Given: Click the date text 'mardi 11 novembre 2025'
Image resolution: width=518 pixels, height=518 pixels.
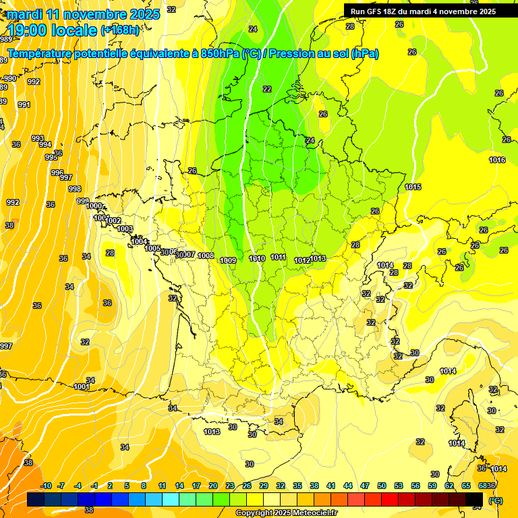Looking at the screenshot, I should [84, 14].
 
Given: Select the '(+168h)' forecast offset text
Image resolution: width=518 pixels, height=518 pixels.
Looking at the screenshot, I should [120, 30].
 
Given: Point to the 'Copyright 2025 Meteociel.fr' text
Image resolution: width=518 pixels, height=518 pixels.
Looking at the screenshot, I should [285, 513].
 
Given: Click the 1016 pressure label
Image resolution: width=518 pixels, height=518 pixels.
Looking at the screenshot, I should [497, 160].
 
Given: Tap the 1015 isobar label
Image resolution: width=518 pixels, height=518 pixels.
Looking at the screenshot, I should [413, 187].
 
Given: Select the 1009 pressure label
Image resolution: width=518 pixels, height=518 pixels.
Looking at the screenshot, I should [228, 260].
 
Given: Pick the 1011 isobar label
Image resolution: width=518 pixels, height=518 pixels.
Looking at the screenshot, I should [278, 257].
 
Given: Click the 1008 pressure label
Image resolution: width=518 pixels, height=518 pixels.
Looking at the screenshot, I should [206, 256].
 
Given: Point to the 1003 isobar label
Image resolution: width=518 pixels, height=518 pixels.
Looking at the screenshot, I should [125, 229].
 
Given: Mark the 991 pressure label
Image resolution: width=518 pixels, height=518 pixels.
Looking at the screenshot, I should [24, 105].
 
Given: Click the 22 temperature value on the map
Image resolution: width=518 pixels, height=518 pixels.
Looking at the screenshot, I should [267, 89].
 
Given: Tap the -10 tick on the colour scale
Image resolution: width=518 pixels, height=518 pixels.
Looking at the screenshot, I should [47, 486].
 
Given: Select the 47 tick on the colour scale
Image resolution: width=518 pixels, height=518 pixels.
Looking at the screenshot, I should [365, 486].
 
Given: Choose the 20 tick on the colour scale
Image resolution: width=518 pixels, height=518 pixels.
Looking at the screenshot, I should [212, 486].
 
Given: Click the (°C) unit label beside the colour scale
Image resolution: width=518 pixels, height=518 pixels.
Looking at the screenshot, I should [496, 500].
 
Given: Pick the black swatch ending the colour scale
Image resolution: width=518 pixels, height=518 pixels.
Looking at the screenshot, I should [474, 499].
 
